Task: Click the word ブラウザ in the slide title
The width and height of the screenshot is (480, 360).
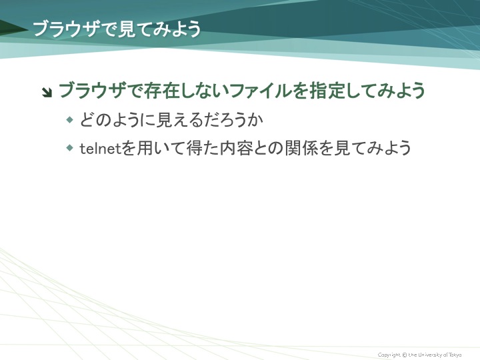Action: point(66,29)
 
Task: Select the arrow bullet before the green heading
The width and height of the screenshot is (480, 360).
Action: point(47,92)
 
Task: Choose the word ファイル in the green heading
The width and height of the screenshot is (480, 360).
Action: point(260,91)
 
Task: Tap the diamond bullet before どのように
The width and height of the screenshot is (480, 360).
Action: point(70,120)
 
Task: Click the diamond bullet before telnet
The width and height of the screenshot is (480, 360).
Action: point(70,148)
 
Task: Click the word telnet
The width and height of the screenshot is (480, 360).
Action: point(101,149)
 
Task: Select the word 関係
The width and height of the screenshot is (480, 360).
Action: point(301,149)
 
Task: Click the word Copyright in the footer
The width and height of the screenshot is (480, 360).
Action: point(389,355)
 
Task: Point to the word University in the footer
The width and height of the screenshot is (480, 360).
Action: point(429,355)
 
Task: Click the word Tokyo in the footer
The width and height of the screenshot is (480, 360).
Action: point(454,355)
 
